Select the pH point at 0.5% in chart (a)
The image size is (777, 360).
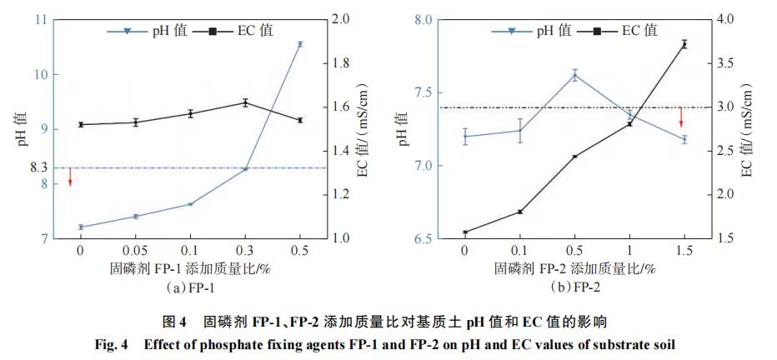click(x=299, y=44)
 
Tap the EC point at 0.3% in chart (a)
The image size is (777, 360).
click(x=245, y=102)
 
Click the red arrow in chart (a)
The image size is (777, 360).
click(x=70, y=177)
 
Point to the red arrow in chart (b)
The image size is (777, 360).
click(x=681, y=117)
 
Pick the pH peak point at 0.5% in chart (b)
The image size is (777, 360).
click(x=574, y=75)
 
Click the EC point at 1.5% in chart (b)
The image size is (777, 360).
click(x=684, y=44)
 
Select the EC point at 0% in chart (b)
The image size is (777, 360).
click(x=464, y=232)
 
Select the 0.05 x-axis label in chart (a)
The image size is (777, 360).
click(x=135, y=250)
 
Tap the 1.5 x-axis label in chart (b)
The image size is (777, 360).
click(x=684, y=250)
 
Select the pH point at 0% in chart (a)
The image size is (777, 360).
click(x=81, y=227)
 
